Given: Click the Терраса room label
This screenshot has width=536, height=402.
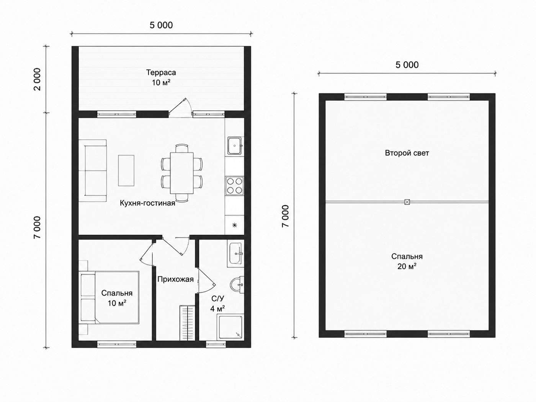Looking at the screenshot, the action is pos(161,72).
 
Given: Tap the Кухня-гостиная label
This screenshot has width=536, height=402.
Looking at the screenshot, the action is pos(147,203).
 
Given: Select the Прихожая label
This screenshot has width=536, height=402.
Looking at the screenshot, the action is pos(175,279).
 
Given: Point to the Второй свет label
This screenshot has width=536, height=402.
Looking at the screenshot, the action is pos(407,153).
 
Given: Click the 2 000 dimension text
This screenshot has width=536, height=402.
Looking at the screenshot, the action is pos(38,79).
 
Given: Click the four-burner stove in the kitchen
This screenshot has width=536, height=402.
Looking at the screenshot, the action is pos(234,186).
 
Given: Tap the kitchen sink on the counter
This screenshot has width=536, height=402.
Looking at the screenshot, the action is pos(234,146).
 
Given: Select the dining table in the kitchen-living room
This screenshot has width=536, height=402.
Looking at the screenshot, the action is pos(182,173).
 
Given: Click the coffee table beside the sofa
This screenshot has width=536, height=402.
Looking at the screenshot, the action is pos(126,170).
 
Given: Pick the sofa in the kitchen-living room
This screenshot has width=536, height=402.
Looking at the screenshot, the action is pos(93,171).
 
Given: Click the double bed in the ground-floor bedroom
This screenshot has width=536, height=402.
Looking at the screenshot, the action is pos(110,297).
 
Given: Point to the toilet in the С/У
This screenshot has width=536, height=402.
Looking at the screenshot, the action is pos(237,284).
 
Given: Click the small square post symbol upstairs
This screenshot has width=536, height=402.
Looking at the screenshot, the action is pos(407,202).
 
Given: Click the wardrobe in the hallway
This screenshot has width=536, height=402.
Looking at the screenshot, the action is pos(188,323).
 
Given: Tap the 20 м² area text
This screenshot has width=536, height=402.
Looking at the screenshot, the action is pos(407,266).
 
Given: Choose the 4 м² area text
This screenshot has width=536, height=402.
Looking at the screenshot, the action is pos(217,309).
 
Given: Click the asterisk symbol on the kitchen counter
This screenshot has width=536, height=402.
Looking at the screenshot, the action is pos(234,225).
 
